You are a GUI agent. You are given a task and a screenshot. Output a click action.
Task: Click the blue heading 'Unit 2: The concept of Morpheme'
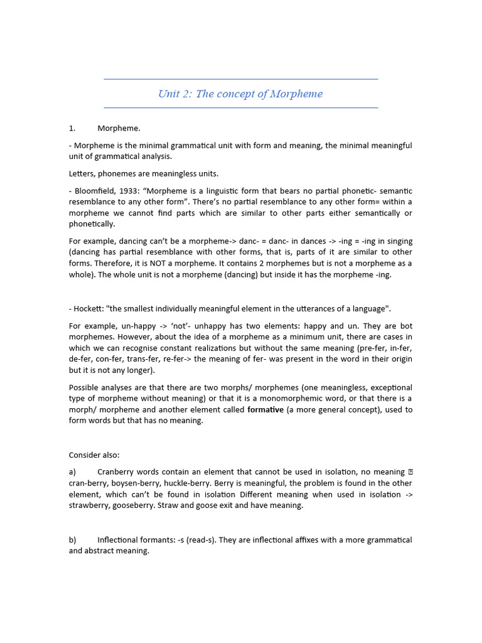(x=240, y=94)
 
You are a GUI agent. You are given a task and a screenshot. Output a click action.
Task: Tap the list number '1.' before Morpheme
(x=72, y=128)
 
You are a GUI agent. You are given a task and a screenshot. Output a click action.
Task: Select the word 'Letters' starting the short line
(x=82, y=173)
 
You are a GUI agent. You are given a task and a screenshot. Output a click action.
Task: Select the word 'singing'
(x=397, y=241)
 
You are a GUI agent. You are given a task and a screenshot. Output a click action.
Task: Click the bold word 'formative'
(x=265, y=410)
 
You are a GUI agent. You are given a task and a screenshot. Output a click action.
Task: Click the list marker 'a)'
(x=73, y=472)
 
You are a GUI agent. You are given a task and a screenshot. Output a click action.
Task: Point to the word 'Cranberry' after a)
(x=117, y=472)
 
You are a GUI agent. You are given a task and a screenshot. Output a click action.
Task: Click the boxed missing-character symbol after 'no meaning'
(x=409, y=472)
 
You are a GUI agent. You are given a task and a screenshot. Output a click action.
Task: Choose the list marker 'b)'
(x=73, y=540)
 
